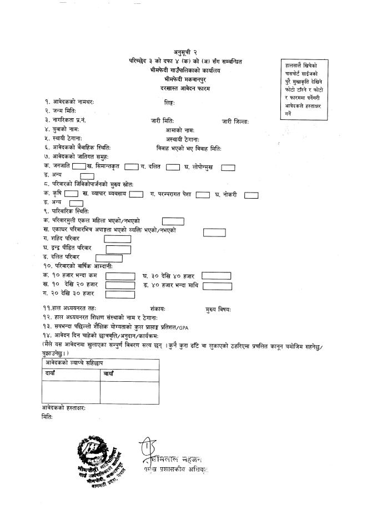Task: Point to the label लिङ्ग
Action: (x=169, y=102)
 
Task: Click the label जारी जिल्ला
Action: (x=235, y=120)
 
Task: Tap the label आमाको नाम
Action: (x=167, y=130)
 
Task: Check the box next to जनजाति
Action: (x=78, y=166)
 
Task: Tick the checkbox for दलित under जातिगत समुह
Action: (x=173, y=166)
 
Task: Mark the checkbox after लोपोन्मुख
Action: (x=228, y=166)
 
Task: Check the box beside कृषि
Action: (x=71, y=194)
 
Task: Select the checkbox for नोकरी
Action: (x=252, y=194)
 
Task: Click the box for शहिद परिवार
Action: (x=118, y=239)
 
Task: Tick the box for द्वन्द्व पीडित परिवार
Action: (x=118, y=248)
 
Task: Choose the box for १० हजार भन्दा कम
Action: (x=120, y=276)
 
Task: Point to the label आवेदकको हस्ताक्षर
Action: (x=64, y=408)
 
